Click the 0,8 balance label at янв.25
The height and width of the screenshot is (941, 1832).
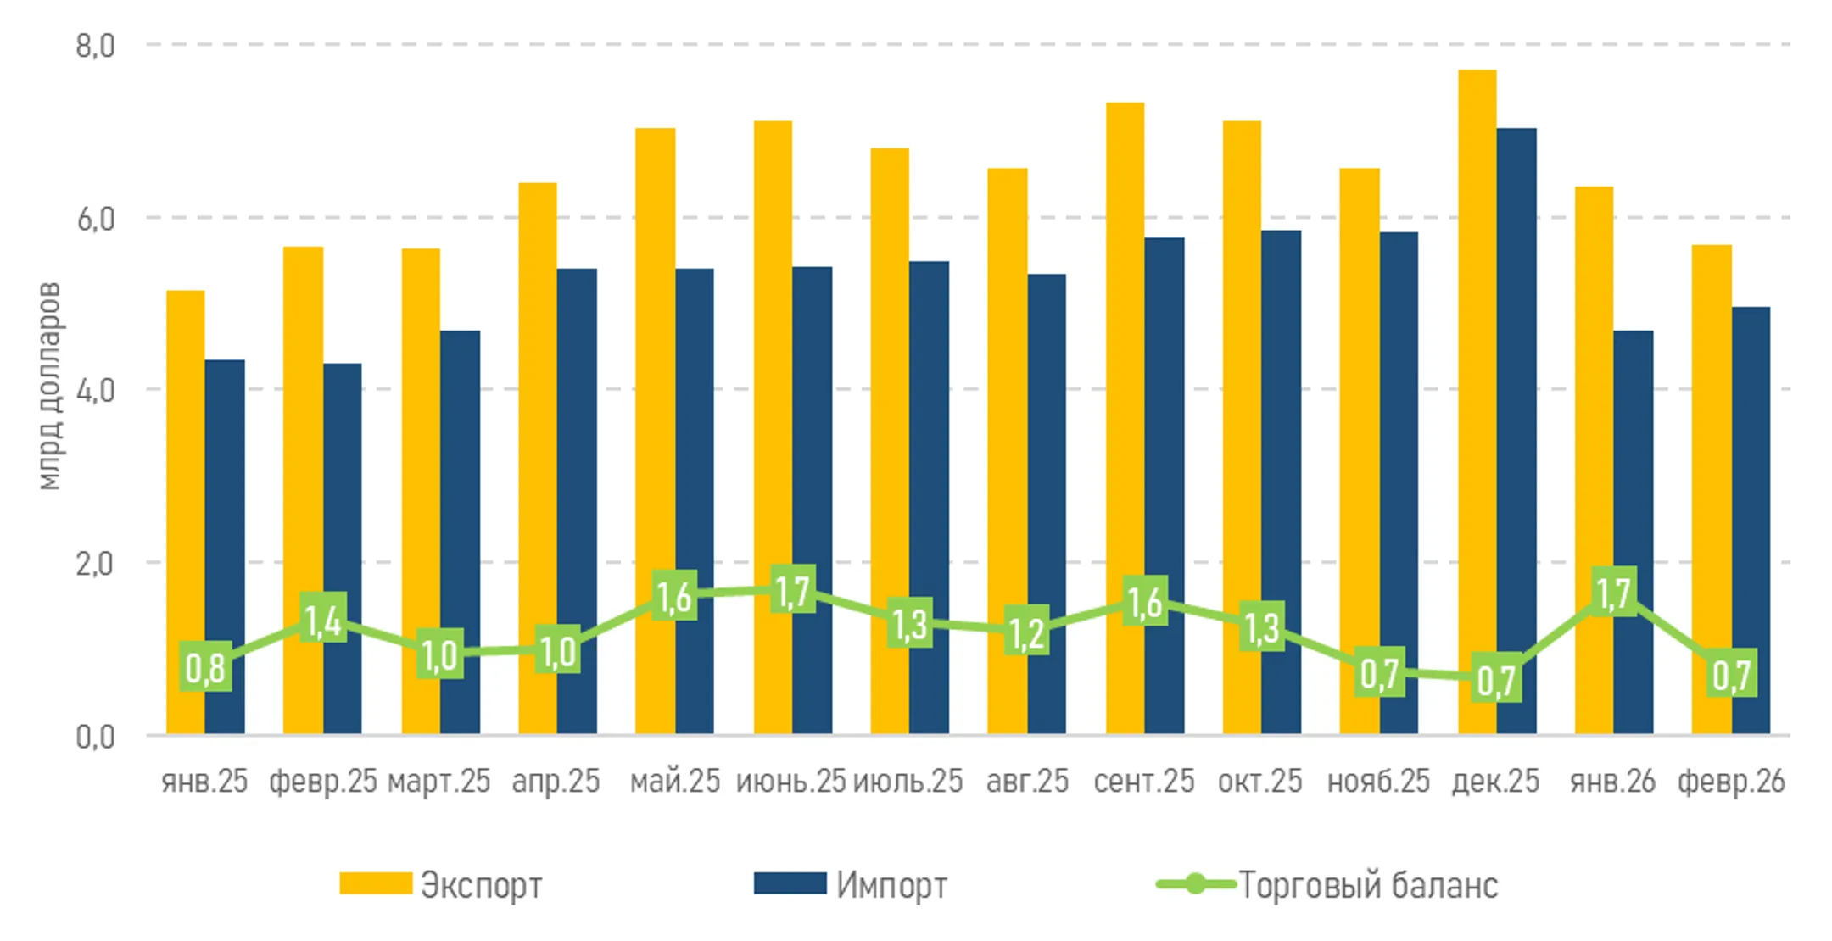[205, 668]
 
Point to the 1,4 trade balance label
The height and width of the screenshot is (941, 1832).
[323, 620]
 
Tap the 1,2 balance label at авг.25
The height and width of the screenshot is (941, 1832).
[1026, 632]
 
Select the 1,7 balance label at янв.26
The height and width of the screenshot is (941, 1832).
[1613, 593]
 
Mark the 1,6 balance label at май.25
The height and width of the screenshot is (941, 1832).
[674, 597]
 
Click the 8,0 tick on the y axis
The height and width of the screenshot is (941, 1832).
[95, 45]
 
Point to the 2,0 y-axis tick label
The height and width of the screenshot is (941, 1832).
[95, 563]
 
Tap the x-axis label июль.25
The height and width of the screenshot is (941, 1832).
[908, 781]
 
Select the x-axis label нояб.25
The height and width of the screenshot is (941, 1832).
[1378, 781]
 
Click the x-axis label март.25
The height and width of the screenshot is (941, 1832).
[439, 781]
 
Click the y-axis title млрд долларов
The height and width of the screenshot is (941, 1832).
[50, 386]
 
